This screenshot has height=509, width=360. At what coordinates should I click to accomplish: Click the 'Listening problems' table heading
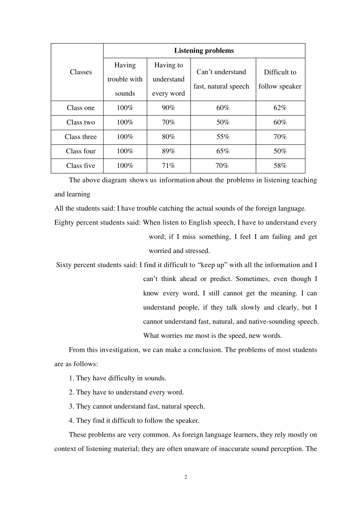[204, 51]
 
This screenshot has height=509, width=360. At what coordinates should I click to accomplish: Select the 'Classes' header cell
[81, 72]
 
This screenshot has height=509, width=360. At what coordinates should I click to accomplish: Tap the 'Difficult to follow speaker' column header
[280, 79]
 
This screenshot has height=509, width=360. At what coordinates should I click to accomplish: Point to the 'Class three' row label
[81, 137]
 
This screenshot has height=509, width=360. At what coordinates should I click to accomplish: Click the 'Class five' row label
[81, 166]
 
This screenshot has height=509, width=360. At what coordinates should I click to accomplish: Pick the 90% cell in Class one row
[168, 108]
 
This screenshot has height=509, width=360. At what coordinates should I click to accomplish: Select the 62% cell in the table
[280, 108]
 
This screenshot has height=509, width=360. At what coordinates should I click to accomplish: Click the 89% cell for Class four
[168, 151]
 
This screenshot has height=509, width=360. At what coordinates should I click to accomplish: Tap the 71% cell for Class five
[168, 166]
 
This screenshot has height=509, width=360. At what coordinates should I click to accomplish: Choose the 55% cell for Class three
[223, 137]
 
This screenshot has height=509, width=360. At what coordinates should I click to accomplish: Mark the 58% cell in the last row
[280, 166]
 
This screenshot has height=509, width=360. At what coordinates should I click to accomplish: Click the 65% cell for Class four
[223, 151]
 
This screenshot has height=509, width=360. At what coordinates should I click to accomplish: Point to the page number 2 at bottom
[186, 477]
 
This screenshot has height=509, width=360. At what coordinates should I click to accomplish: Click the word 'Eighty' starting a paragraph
[64, 223]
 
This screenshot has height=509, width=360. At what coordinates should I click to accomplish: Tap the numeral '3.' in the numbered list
[71, 407]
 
